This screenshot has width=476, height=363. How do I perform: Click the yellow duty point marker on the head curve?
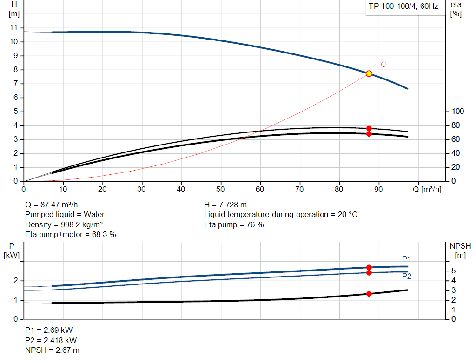(x=369, y=73)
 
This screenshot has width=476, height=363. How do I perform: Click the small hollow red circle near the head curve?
(x=383, y=64)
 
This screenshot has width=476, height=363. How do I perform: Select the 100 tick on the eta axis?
(x=458, y=112)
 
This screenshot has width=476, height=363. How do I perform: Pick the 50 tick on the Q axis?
(x=221, y=189)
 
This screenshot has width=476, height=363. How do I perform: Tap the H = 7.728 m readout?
(x=225, y=205)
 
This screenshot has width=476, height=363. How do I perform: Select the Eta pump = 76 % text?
(x=234, y=224)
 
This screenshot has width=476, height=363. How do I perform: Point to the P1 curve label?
(x=407, y=259)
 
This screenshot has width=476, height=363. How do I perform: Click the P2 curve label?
(x=407, y=276)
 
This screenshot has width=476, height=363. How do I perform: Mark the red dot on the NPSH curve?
(x=369, y=294)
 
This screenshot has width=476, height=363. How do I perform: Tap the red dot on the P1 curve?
(x=369, y=267)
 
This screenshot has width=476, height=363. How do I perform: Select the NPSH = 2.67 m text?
(x=52, y=350)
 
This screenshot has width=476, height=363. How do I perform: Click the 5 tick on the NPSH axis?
(x=453, y=271)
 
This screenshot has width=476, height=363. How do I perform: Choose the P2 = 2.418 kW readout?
(x=51, y=340)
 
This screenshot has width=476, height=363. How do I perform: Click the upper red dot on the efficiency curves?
(x=369, y=128)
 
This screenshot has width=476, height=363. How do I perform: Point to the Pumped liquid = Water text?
(x=65, y=214)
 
